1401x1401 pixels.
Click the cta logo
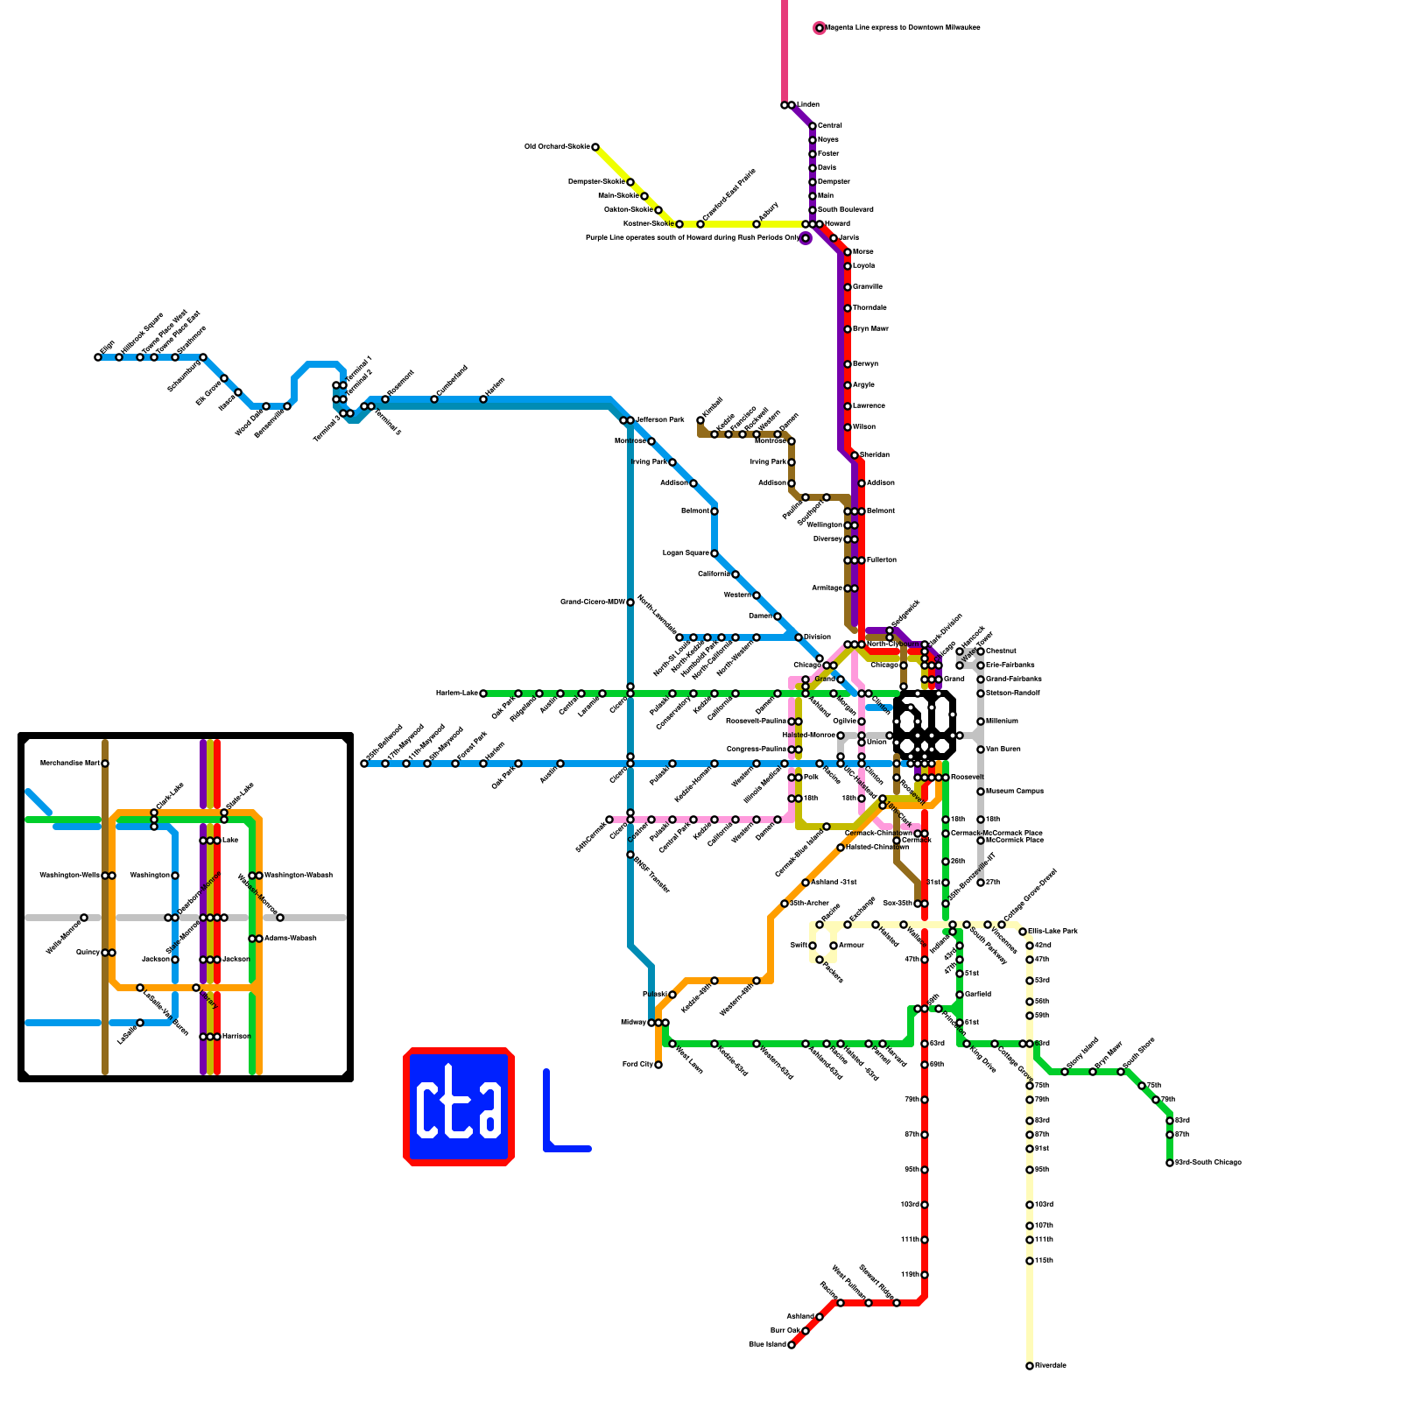tap(458, 1107)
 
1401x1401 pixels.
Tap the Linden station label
tap(807, 105)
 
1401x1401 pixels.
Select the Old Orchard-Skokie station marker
tap(595, 147)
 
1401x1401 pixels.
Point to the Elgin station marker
tap(98, 357)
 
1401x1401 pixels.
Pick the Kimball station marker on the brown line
tap(700, 420)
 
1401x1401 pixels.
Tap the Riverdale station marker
tap(1030, 1366)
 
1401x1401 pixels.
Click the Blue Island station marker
tap(792, 1345)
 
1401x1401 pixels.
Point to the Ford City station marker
tap(658, 1065)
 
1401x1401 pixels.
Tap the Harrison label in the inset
tap(236, 1037)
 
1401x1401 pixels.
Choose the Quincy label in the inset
tap(88, 953)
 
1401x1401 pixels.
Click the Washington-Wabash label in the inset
tap(298, 876)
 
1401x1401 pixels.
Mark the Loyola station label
tap(863, 266)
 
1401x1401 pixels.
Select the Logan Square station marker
tap(715, 553)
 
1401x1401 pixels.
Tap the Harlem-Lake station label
tap(455, 693)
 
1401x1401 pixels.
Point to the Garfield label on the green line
tap(978, 995)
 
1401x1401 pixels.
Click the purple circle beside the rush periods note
tap(806, 238)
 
